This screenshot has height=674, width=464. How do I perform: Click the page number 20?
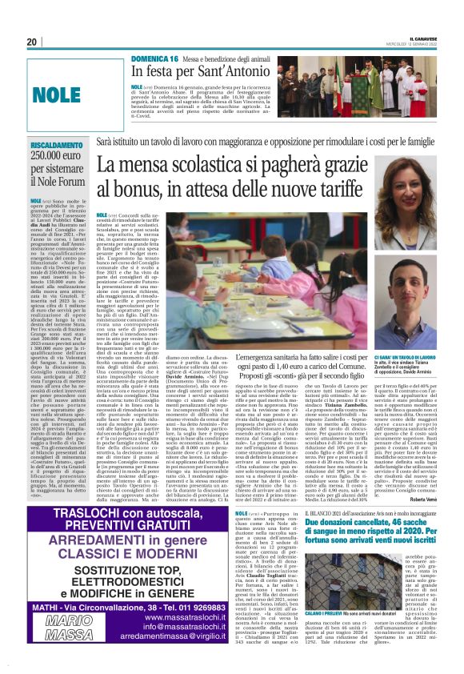pyautogui.click(x=31, y=42)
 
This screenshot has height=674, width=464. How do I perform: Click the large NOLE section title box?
pyautogui.click(x=57, y=94)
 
